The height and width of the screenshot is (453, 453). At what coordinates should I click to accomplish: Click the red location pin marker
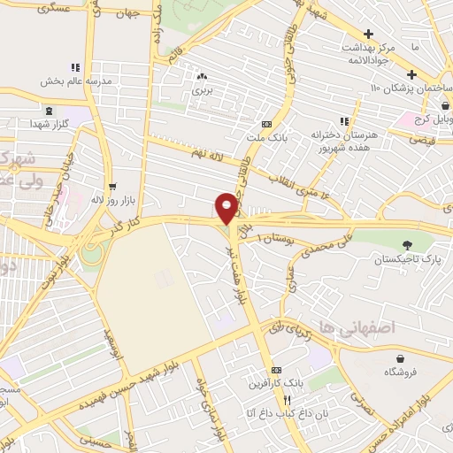(x=227, y=208)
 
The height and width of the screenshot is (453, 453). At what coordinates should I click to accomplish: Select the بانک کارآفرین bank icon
(x=277, y=369)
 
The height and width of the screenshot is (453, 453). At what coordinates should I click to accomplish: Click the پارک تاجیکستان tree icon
(x=407, y=245)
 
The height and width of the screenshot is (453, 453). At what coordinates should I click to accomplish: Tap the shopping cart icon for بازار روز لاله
(x=111, y=187)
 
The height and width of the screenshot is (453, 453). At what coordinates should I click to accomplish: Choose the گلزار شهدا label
(x=47, y=124)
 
